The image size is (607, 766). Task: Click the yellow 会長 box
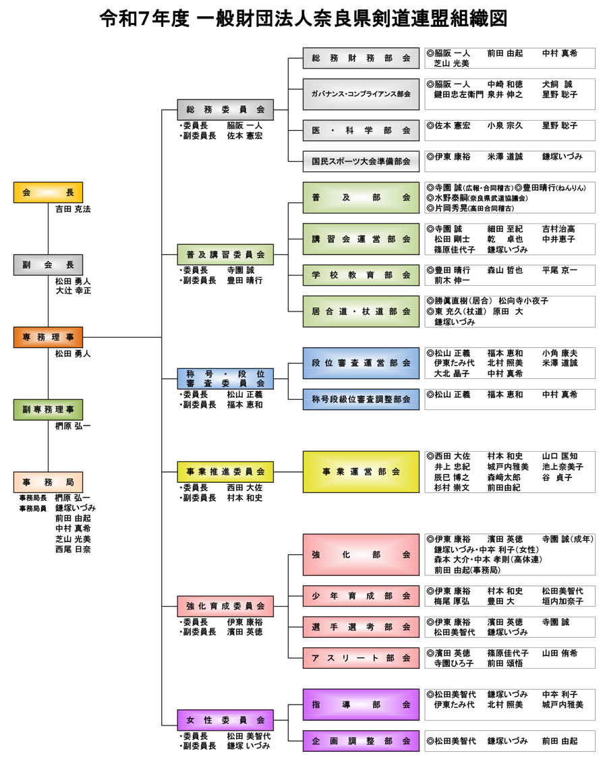tap(48, 192)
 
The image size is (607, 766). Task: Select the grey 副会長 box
tap(48, 265)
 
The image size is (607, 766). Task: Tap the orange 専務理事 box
tap(48, 337)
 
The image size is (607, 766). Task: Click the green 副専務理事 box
tap(48, 409)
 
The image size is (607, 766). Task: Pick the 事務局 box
tap(48, 482)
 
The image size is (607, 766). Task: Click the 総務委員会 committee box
tap(225, 109)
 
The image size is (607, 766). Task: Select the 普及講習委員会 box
tap(225, 254)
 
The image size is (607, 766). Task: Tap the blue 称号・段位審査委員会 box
tap(225, 378)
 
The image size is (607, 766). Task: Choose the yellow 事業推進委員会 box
tap(225, 471)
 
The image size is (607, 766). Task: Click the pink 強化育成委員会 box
tap(225, 606)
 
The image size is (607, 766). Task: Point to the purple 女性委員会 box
tap(225, 720)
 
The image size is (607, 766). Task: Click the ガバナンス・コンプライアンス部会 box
tap(361, 94)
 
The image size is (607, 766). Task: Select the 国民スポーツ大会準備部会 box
tap(361, 161)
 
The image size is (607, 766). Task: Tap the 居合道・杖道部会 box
tap(361, 312)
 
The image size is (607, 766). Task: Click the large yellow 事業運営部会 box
tap(361, 471)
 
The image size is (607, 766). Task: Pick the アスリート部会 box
tap(361, 657)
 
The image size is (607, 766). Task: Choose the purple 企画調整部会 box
tap(361, 740)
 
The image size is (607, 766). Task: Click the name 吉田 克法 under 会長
tap(73, 210)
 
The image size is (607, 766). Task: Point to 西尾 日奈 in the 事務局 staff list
tap(73, 550)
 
